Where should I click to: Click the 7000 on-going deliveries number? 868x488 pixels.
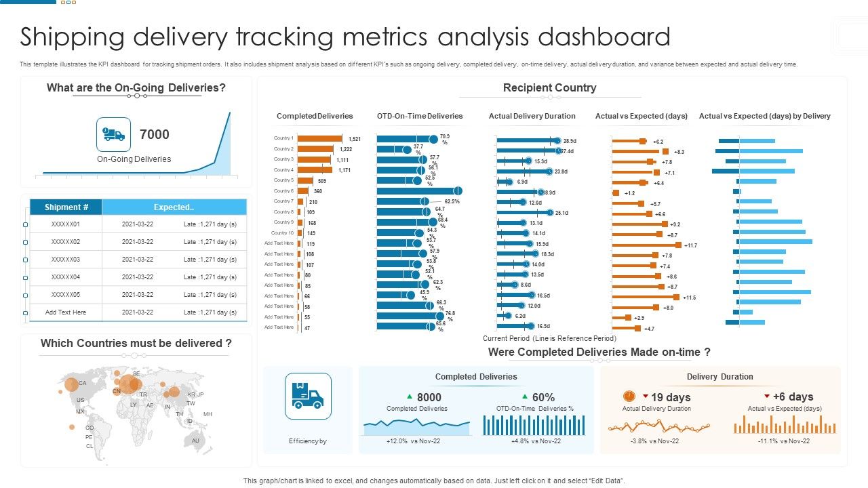tap(154, 134)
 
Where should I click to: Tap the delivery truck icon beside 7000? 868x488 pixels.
tap(113, 134)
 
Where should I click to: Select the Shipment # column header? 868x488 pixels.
tap(66, 207)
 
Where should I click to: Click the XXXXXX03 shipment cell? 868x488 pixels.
tap(66, 260)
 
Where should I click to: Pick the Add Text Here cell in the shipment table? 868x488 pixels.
tap(66, 312)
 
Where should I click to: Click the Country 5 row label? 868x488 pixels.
tap(283, 180)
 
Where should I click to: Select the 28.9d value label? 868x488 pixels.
tap(570, 141)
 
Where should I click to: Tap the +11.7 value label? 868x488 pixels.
tap(690, 245)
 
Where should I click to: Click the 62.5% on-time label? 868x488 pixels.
tap(452, 201)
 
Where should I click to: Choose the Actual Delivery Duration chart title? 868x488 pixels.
tap(532, 116)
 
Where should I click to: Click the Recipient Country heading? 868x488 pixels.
tap(549, 87)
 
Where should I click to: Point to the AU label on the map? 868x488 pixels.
tap(195, 441)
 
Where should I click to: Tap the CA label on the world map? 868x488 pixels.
tap(82, 383)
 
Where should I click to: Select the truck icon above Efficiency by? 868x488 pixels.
tap(308, 396)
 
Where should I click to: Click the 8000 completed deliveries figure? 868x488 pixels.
tap(429, 397)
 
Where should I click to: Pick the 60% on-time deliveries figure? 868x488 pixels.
tap(543, 397)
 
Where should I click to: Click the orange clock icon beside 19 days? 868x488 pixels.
tap(629, 396)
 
